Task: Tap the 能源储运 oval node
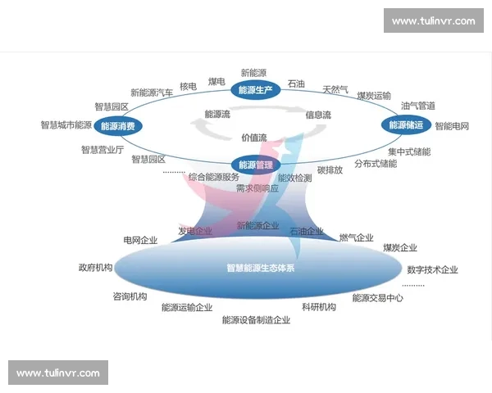coord(406,125)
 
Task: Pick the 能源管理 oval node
coord(253,164)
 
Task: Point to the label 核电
coord(188,87)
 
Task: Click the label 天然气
coord(335,89)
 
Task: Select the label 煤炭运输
coord(374,96)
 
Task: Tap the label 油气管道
coord(417,106)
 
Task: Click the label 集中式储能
coord(409,151)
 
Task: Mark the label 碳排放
coord(330,170)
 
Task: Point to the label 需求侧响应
coord(257,188)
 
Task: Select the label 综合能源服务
coord(213,177)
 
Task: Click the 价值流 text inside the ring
coord(253,138)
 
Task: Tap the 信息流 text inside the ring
coord(318,115)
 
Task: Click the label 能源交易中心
coord(377,298)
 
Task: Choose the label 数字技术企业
coord(432,270)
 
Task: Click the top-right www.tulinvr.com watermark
coord(433,20)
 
